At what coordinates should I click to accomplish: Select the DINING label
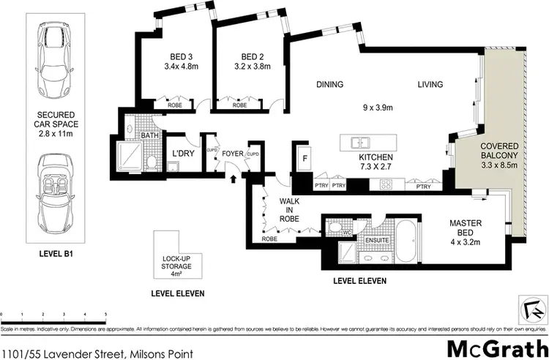329,85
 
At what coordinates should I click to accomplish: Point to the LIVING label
430,85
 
